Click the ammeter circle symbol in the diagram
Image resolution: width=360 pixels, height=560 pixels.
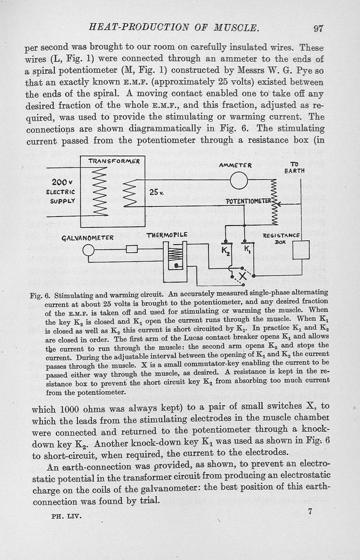239,181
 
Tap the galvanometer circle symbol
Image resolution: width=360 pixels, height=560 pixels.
88,249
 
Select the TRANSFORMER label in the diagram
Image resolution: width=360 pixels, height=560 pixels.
108,161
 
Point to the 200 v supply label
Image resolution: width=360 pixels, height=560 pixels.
62,182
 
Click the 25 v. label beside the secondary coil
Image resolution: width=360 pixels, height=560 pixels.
156,192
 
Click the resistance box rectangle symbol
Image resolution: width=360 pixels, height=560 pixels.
301,250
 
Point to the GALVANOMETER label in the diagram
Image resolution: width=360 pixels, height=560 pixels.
87,237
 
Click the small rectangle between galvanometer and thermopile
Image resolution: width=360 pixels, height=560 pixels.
132,248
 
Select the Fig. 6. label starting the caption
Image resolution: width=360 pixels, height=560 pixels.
40,296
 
